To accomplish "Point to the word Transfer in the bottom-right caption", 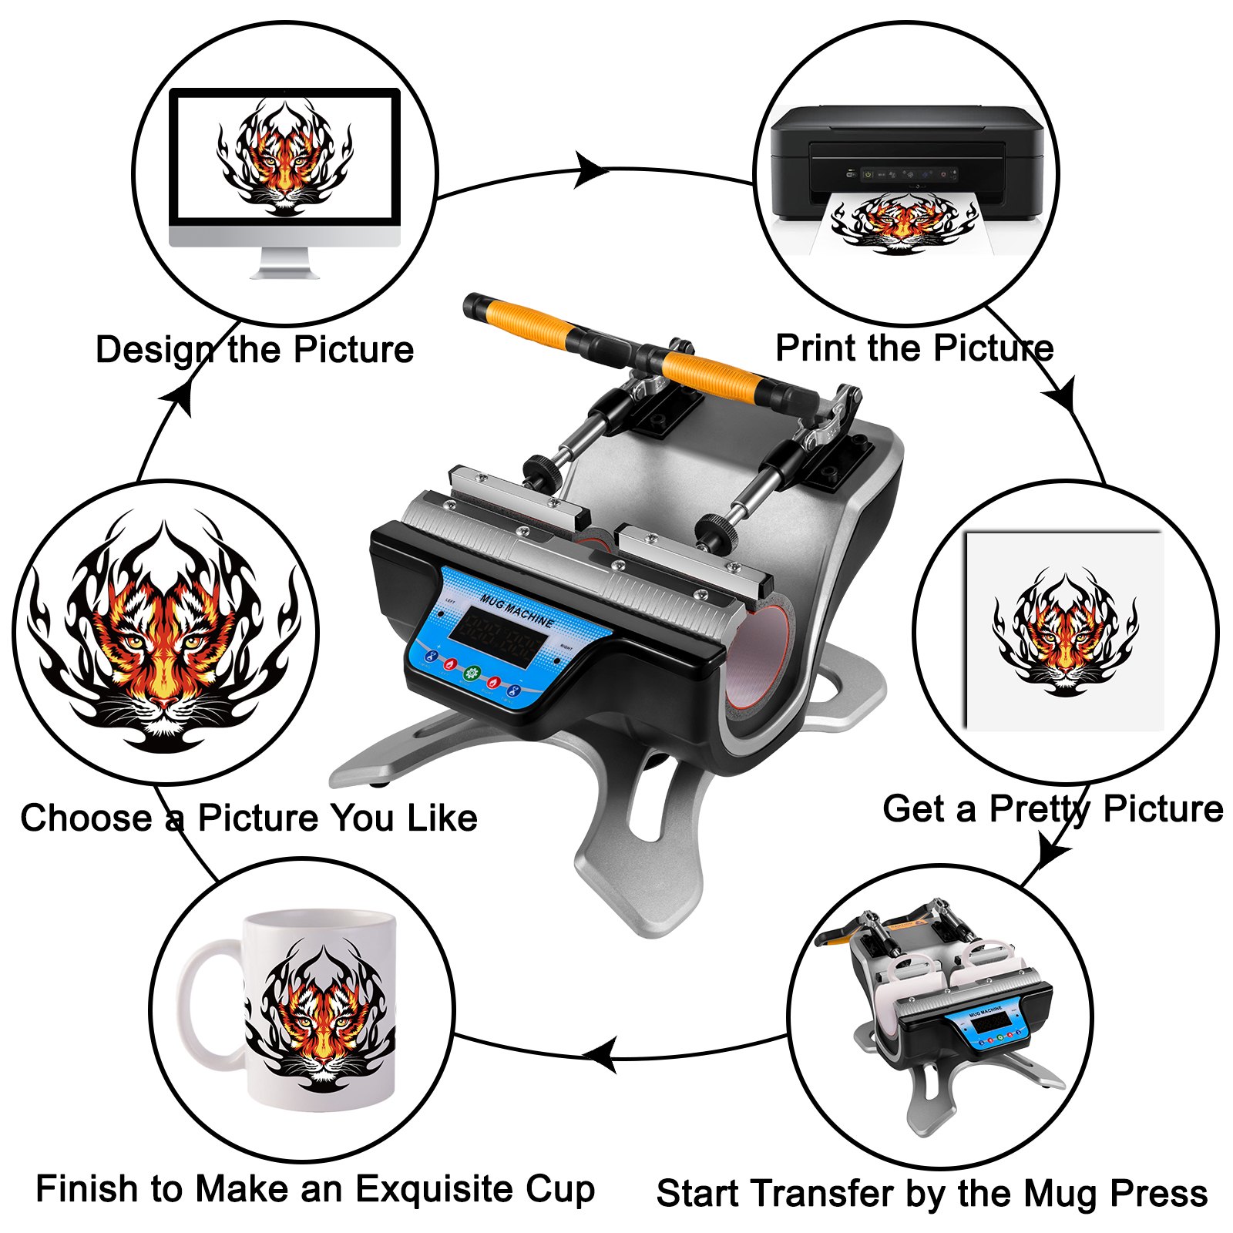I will tap(823, 1194).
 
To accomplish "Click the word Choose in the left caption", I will tap(86, 818).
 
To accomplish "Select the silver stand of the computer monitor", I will tap(284, 264).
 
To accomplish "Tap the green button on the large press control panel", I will tap(472, 673).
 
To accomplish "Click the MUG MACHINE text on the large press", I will tap(517, 610).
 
